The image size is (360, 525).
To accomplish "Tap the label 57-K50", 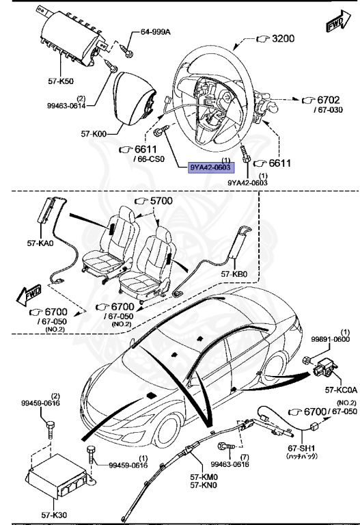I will point(61,81).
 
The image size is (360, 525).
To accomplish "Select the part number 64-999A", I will point(156,32).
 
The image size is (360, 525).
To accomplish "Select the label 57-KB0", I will point(234,274).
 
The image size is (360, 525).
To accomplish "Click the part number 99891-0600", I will point(331,339).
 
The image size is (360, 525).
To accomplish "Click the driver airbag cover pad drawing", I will point(134,94).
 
